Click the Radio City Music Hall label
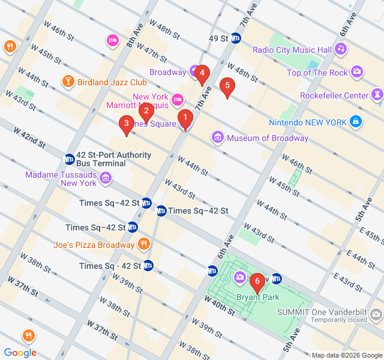pos(292,50)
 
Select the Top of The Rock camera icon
pos(357,73)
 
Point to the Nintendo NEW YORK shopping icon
pos(356,122)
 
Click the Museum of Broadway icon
pos(218,138)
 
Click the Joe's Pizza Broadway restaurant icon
pos(143,244)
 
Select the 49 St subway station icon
pos(236,38)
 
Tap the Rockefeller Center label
pos(335,95)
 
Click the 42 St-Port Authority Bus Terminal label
pos(113,159)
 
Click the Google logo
pos(20,353)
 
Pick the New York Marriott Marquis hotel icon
pos(177,99)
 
